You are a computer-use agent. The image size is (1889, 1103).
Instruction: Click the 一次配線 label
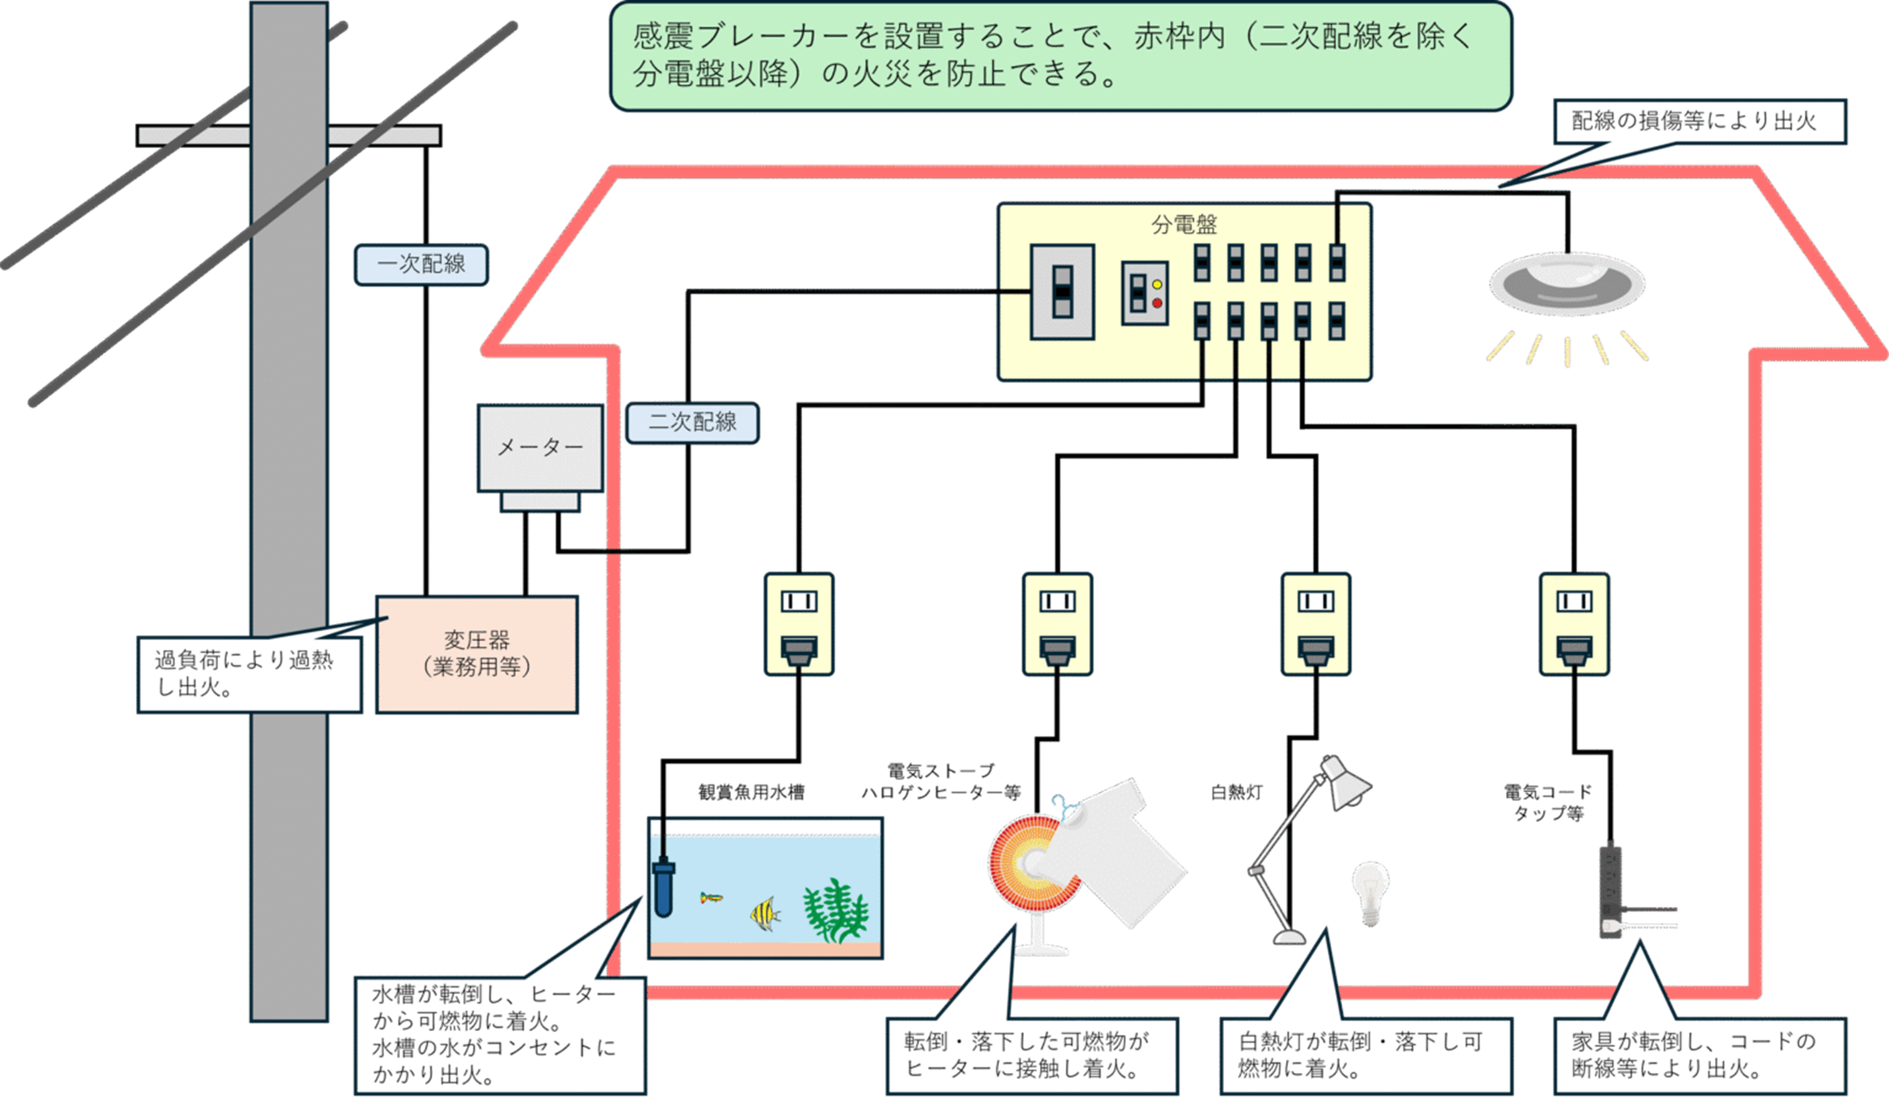pyautogui.click(x=421, y=264)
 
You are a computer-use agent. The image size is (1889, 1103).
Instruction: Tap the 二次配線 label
pyautogui.click(x=692, y=422)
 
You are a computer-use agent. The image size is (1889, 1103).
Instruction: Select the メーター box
pyautogui.click(x=540, y=448)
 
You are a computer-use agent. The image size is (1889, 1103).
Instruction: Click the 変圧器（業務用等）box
pyautogui.click(x=477, y=654)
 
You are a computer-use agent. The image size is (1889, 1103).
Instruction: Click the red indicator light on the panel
pyautogui.click(x=1156, y=303)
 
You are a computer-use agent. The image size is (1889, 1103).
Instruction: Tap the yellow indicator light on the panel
pyautogui.click(x=1156, y=284)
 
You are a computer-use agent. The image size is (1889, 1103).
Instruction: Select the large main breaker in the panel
pyautogui.click(x=1062, y=292)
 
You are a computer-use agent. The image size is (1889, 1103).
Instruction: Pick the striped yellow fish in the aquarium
pyautogui.click(x=764, y=913)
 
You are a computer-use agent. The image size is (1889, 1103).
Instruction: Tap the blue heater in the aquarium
pyautogui.click(x=663, y=888)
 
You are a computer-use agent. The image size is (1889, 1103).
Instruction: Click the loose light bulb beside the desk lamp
pyautogui.click(x=1370, y=892)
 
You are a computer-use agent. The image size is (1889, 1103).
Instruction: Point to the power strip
pyautogui.click(x=1610, y=892)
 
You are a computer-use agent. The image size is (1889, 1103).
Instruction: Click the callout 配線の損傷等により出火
pyautogui.click(x=1699, y=121)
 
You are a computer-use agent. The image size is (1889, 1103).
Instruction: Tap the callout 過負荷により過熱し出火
pyautogui.click(x=248, y=674)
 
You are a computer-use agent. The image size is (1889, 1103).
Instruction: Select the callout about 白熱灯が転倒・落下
pyautogui.click(x=1365, y=1055)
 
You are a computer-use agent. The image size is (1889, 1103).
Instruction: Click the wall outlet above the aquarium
pyautogui.click(x=798, y=624)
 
